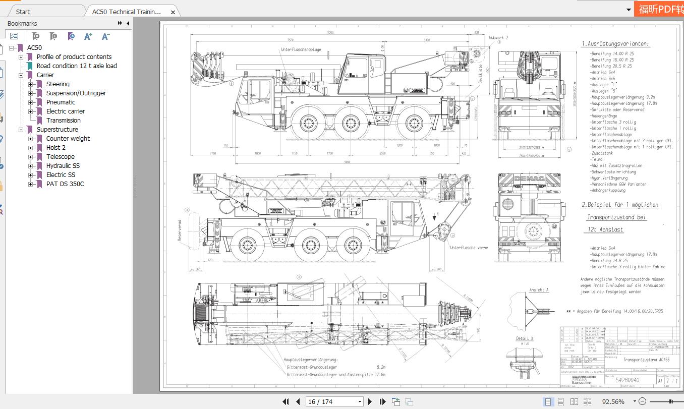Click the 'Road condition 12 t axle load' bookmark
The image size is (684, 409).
(76, 66)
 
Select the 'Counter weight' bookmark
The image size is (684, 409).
(68, 139)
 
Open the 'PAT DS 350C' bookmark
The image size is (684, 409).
(65, 184)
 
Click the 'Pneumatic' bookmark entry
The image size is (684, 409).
(61, 102)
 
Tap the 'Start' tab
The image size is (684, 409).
(23, 12)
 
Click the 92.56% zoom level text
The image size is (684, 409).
(613, 402)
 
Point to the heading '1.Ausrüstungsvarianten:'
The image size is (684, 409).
(615, 44)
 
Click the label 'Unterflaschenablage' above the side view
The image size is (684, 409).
(301, 50)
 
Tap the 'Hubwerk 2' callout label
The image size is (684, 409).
(498, 38)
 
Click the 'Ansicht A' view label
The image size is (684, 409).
(539, 290)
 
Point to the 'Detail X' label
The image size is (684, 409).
(525, 338)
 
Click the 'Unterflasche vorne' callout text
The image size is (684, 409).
(469, 248)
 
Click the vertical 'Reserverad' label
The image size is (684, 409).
(179, 230)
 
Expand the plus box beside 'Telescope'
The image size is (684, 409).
(31, 157)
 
